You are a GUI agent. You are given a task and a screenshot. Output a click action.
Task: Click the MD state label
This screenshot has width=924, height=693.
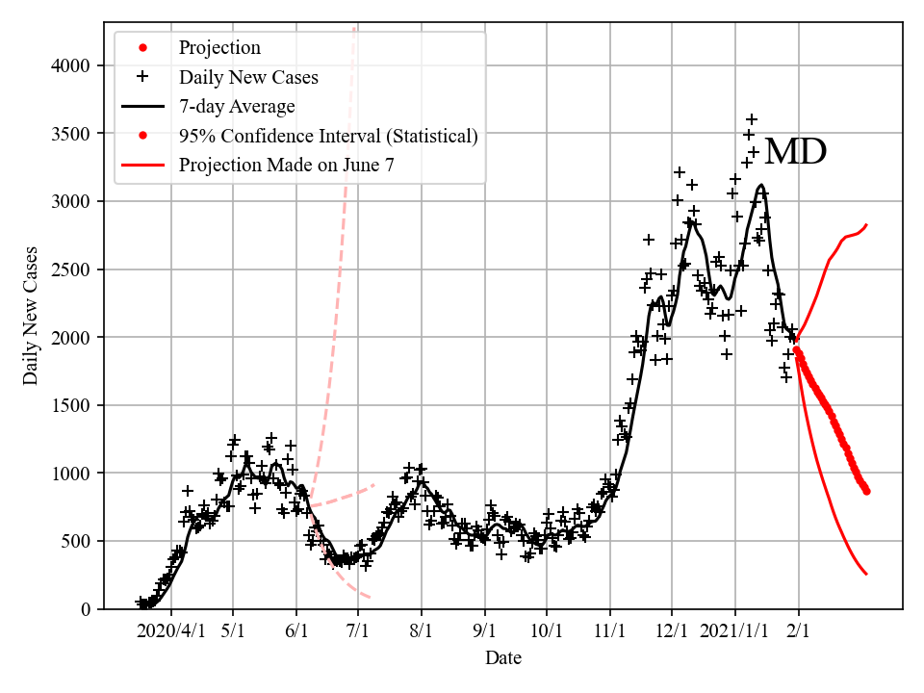coord(795,152)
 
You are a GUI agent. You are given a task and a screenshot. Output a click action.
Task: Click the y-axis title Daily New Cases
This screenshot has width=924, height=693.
coord(31,315)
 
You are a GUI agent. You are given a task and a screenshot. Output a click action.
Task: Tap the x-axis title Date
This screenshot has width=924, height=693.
coord(503,658)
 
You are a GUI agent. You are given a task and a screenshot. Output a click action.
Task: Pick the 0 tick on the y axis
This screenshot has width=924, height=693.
coord(86,609)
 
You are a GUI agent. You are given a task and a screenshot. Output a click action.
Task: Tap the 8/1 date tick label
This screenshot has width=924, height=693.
coord(422,632)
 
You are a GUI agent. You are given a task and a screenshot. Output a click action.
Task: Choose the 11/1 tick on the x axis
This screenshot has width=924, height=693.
coord(609,632)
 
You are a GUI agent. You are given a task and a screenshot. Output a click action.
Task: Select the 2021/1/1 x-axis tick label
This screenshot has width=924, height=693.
coord(735,632)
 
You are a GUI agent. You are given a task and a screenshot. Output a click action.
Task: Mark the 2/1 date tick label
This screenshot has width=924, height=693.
coord(799,632)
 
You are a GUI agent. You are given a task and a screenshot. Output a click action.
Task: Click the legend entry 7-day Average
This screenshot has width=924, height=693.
coord(237,106)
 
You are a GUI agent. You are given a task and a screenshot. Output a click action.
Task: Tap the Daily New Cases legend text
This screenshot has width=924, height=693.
coord(248,76)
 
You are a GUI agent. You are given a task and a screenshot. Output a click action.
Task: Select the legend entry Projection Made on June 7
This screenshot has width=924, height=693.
coord(286,166)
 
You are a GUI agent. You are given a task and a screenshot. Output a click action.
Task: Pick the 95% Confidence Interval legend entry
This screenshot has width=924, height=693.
coord(328,136)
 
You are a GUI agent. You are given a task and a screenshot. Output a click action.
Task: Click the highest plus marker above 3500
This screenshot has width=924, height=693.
coord(752,119)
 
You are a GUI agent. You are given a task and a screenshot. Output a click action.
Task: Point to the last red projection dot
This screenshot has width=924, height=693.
coord(866,490)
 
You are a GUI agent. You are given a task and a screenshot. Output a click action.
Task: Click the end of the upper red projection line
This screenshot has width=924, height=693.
coord(867,224)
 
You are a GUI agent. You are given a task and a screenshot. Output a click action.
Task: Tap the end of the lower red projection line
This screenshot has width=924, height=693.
coord(867,575)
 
